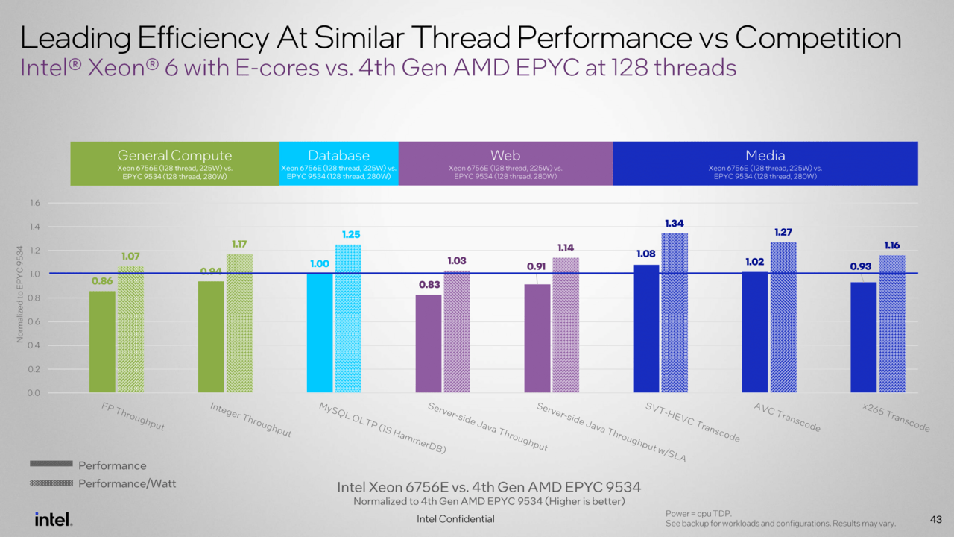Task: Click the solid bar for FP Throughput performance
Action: (x=102, y=342)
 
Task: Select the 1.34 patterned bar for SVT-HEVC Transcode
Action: (x=675, y=313)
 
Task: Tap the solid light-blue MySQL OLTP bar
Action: (x=320, y=333)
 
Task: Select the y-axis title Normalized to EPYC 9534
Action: (x=20, y=298)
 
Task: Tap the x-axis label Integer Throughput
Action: (x=250, y=420)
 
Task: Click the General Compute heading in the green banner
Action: (x=174, y=156)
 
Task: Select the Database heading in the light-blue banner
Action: (x=338, y=156)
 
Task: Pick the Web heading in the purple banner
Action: (x=505, y=156)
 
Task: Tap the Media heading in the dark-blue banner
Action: (x=765, y=156)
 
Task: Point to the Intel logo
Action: (x=53, y=518)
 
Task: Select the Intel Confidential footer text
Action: (x=455, y=519)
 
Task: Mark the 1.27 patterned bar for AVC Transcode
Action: (x=783, y=317)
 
